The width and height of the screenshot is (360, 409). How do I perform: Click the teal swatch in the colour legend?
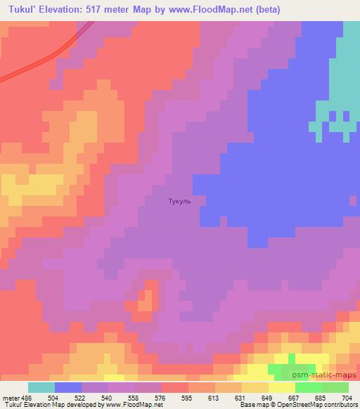click(41, 387)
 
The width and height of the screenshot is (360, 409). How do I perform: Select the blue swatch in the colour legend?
click(68, 387)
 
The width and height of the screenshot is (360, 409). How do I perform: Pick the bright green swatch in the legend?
click(308, 387)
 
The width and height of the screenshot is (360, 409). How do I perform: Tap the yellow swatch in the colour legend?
click(282, 387)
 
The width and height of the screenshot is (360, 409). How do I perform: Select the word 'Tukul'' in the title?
click(22, 9)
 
